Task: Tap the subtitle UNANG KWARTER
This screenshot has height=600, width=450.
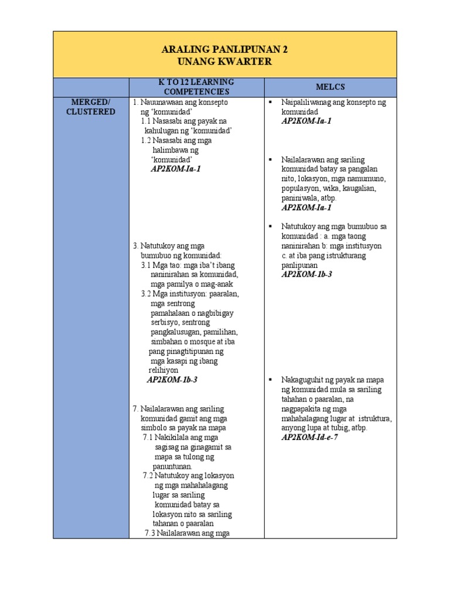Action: pos(225,62)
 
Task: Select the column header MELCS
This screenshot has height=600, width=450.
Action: pos(330,87)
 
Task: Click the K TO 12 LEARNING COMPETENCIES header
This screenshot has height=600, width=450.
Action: pos(196,87)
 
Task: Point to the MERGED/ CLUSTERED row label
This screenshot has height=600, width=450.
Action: pos(91,107)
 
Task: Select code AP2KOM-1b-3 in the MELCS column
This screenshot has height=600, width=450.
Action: pos(306,274)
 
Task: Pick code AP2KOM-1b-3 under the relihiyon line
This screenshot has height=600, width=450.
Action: pos(172,380)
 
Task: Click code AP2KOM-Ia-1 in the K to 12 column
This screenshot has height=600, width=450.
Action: pos(176,169)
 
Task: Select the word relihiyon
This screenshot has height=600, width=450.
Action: pos(163,370)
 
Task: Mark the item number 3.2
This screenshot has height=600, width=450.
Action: pos(147,294)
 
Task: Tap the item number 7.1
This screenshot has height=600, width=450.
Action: pos(149,437)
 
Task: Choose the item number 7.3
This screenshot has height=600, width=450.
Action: pos(151,533)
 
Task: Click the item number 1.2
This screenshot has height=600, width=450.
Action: pos(147,141)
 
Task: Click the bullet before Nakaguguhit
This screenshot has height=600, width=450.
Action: pos(271,380)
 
